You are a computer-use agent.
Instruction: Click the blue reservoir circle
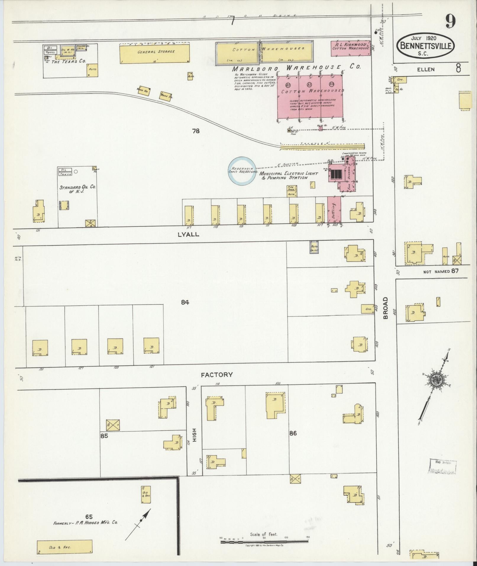pyautogui.click(x=242, y=170)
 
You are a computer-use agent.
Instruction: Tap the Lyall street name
pyautogui.click(x=188, y=234)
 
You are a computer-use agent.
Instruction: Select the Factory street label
pyautogui.click(x=217, y=375)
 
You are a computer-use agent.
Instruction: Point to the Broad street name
pyautogui.click(x=385, y=308)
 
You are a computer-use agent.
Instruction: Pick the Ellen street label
pyautogui.click(x=426, y=70)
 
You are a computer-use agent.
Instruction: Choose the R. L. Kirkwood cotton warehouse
pyautogui.click(x=350, y=48)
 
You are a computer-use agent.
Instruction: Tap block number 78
pyautogui.click(x=196, y=131)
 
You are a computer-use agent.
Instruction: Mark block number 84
pyautogui.click(x=185, y=302)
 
